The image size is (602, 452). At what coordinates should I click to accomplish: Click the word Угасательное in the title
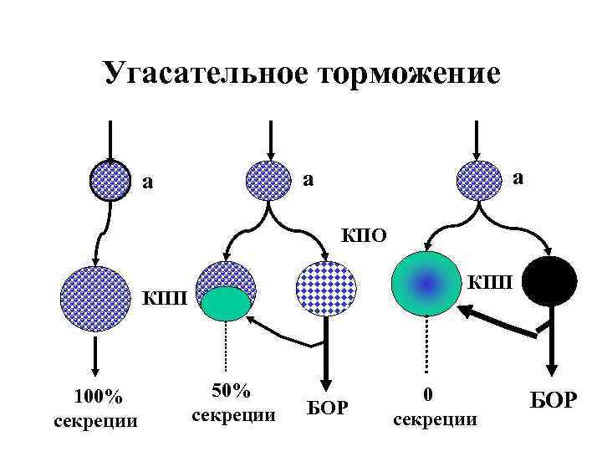pos(205,74)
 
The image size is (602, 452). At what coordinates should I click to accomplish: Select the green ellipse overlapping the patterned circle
pos(224,303)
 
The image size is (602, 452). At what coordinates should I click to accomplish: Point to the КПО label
pos(364,234)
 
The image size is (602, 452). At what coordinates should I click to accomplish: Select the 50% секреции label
pos(233,403)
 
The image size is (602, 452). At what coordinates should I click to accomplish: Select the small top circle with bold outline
pos(110,180)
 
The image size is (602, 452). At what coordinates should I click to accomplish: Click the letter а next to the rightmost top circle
pos(518,177)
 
